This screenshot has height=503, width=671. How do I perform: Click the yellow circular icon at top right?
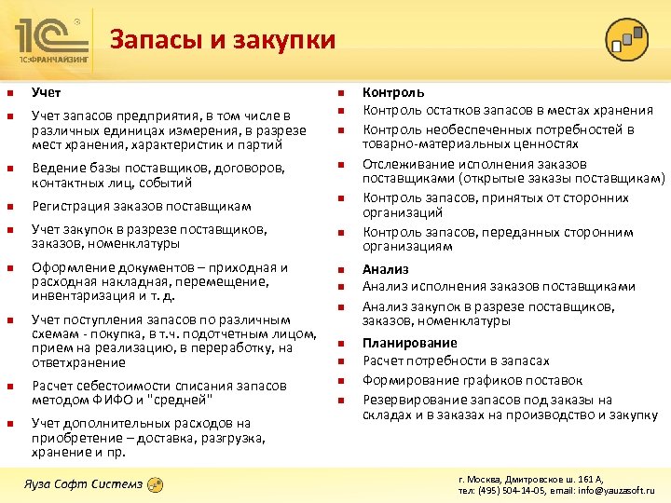point(626,39)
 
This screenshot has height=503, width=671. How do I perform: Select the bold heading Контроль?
point(393,92)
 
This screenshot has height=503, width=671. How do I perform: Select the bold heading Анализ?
point(386,270)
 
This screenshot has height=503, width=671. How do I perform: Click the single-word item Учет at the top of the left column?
point(47,92)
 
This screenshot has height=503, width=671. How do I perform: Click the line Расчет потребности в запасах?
point(456,360)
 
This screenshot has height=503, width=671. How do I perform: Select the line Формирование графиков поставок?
point(472,380)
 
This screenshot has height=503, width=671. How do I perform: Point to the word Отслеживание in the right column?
point(405,164)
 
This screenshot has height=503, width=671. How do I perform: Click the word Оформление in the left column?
point(67,268)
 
